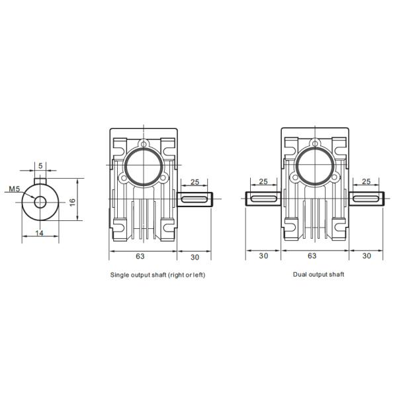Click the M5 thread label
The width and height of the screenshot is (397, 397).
tap(14, 189)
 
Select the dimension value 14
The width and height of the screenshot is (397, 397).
tap(40, 234)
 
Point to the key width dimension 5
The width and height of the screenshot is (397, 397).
tap(41, 165)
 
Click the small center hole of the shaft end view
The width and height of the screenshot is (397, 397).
tap(41, 202)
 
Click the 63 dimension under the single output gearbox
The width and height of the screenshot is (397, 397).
tap(140, 255)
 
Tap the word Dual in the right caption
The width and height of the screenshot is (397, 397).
tap(300, 273)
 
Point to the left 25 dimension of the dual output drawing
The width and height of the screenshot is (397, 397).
tap(263, 181)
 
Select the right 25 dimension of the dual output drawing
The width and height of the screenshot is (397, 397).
tap(368, 181)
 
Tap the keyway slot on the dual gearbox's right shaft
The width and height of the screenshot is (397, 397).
tap(368, 198)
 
